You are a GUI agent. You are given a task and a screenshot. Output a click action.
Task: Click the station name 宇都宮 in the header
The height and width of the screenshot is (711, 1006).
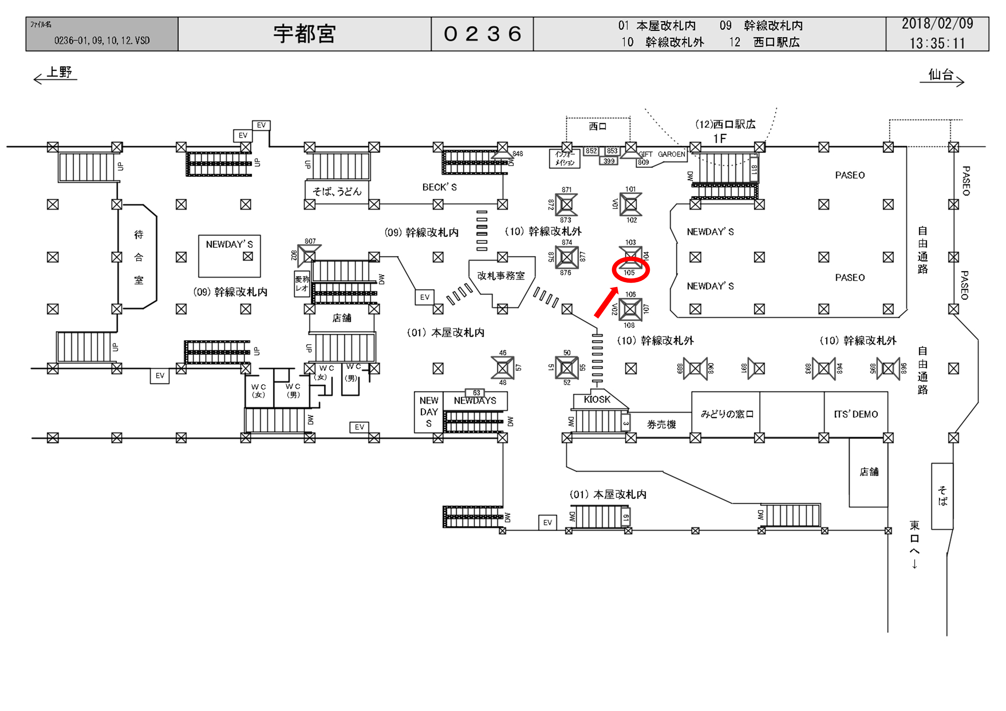coord(305,34)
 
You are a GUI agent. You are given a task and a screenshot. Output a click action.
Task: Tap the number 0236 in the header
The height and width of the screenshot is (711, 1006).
coord(482,34)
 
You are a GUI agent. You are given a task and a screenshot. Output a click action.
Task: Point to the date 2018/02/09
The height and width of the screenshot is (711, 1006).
coord(937,24)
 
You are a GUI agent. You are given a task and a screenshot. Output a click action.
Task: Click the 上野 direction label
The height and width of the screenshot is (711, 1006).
coord(59,72)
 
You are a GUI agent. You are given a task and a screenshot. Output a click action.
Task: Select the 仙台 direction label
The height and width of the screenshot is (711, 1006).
coord(941,75)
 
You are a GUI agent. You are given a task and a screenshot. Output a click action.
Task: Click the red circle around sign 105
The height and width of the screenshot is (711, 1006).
coord(630,270)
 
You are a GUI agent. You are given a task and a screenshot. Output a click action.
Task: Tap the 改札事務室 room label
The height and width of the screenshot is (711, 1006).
coord(501,276)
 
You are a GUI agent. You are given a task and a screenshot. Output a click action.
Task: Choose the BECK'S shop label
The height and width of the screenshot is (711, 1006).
coord(439,187)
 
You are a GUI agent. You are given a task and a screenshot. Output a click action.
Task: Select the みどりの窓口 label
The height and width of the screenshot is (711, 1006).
coord(727,414)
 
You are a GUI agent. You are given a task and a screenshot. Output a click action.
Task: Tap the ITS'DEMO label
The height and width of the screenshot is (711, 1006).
coord(856,414)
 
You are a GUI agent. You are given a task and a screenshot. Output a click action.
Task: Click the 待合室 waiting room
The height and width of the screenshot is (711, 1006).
coord(139,257)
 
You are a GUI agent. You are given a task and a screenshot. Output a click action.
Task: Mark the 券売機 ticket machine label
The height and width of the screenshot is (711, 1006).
coord(661,424)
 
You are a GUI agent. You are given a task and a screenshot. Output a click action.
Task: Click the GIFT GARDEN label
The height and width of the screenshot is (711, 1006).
coord(662,155)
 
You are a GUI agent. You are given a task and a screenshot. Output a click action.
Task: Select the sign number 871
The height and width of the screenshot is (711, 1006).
coord(567,190)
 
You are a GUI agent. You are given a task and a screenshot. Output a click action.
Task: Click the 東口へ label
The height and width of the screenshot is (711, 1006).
coord(914,543)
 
